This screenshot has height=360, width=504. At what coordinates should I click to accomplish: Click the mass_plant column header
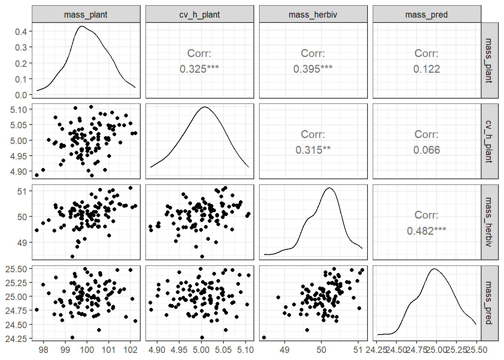coord(86,14)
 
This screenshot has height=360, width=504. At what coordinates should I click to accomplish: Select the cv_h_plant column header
coord(199,14)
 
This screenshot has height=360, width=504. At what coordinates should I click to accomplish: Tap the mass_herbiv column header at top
coord(313,14)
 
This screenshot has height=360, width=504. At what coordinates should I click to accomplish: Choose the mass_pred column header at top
coord(427,14)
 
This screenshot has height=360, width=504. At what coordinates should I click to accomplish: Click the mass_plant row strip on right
coord(489,60)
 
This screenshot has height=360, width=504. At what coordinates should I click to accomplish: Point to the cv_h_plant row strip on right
coord(489,141)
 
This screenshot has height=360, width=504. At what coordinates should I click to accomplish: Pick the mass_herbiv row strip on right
coord(489,222)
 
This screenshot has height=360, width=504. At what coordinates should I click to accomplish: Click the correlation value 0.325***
coord(199,69)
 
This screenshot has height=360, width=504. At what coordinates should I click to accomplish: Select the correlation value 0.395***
coord(313,69)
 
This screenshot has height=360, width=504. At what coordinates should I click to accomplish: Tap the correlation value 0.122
coord(427,69)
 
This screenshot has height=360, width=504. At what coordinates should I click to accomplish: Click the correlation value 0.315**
coord(313,150)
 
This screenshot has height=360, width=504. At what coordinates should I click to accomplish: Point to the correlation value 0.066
coord(427,150)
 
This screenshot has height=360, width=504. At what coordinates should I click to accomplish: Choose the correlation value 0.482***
coord(426,231)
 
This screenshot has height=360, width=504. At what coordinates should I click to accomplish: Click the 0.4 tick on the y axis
coord(21,31)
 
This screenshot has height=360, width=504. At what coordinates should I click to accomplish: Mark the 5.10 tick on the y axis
coord(19,109)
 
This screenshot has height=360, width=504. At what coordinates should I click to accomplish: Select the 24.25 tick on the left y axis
coord(16,339)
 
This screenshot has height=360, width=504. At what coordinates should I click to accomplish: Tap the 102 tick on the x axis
coord(130,350)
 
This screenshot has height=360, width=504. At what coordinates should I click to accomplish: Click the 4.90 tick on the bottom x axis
coord(157,350)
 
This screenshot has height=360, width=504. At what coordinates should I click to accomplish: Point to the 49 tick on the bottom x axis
coord(285,350)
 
